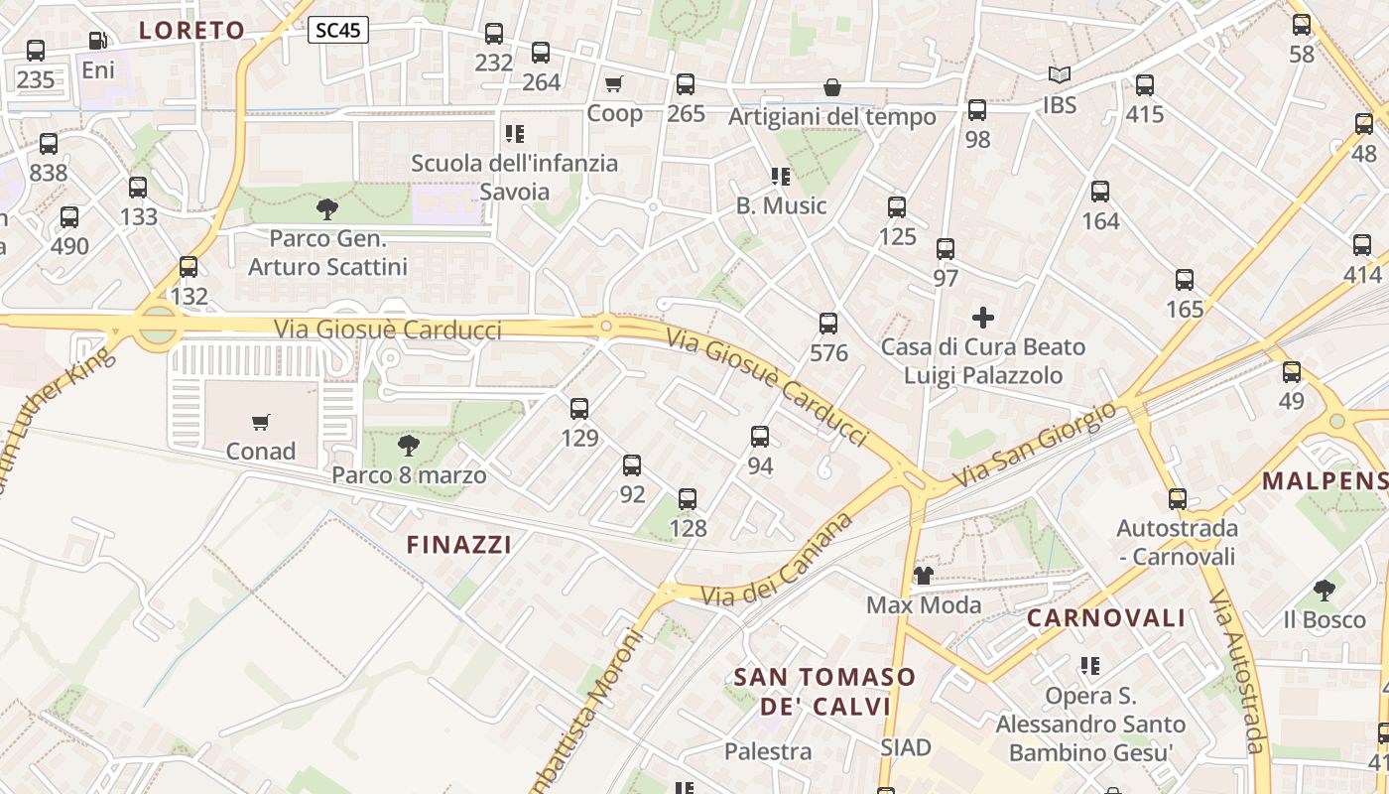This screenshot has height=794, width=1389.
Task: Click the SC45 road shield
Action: click(337, 31)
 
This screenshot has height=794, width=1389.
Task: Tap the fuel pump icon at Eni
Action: click(97, 42)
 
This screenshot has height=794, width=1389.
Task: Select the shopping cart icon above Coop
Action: click(614, 84)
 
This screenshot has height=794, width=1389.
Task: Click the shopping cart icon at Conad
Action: click(261, 423)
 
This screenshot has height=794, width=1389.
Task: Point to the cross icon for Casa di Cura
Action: click(983, 318)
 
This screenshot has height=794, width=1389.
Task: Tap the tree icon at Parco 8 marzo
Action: click(408, 446)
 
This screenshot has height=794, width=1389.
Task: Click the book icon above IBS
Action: click(1060, 75)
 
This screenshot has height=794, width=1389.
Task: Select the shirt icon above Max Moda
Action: click(923, 576)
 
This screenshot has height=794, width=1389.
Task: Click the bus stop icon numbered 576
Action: click(828, 324)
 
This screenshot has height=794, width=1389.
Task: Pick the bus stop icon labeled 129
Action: click(579, 409)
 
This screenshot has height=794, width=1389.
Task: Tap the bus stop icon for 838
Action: click(49, 144)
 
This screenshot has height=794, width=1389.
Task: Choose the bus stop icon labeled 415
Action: click(1145, 85)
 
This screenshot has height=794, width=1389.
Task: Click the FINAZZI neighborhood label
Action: click(459, 544)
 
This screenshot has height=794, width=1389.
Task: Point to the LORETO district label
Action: click(191, 30)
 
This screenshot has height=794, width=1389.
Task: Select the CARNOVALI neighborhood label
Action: click(1106, 618)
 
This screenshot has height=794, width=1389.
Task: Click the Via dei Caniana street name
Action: click(778, 564)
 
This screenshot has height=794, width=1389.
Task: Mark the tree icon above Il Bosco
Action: click(1324, 592)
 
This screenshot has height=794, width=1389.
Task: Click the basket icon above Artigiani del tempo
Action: click(832, 88)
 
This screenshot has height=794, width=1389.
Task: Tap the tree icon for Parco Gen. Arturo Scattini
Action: click(326, 209)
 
